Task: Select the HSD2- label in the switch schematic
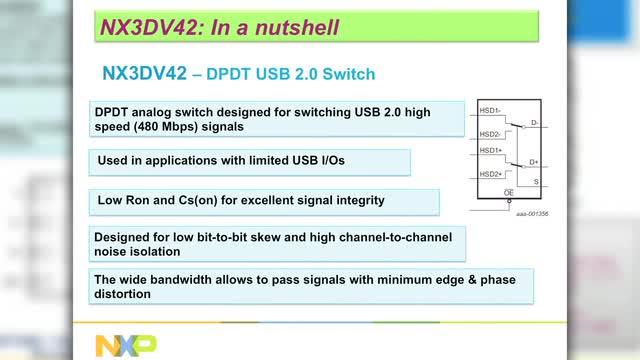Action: (x=489, y=133)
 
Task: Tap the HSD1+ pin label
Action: (x=489, y=151)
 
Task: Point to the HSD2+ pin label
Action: (x=489, y=174)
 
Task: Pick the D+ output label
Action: (x=535, y=161)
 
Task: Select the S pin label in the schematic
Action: (x=536, y=181)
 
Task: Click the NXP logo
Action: (x=125, y=345)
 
